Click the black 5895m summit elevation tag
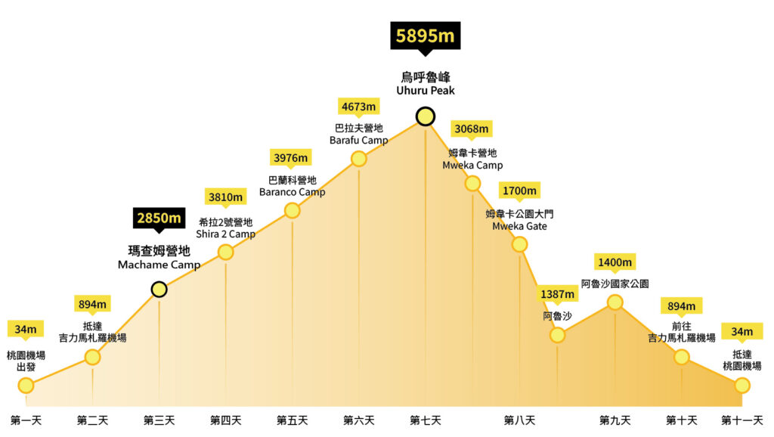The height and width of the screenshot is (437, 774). tap(425, 36)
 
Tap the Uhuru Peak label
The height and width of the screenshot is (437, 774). tap(426, 83)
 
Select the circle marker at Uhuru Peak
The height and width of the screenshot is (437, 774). tap(426, 116)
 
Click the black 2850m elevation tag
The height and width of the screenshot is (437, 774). tap(159, 218)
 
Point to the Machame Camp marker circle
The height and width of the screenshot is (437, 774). tap(159, 289)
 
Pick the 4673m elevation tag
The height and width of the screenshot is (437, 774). tap(358, 106)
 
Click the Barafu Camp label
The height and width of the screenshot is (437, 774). tap(358, 134)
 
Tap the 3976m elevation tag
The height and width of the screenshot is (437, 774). tap(291, 157)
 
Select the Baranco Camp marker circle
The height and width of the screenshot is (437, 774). tap(292, 210)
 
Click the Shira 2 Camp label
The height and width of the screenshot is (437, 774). tap(225, 228)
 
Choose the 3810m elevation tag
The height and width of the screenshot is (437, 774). tap(225, 197)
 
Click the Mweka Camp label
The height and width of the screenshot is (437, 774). tap(472, 159)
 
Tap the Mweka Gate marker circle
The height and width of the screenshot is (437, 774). tap(519, 243)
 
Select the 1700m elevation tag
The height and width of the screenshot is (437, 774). tap(519, 191)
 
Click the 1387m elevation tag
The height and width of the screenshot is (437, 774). tap(557, 293)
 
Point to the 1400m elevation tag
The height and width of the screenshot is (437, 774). tap(615, 262)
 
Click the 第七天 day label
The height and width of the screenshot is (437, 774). tap(426, 420)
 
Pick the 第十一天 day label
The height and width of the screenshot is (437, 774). tap(741, 420)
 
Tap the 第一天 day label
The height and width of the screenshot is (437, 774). tap(26, 420)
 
